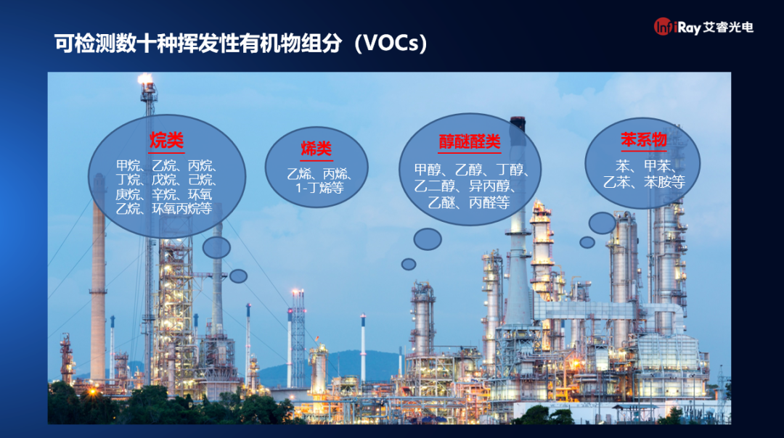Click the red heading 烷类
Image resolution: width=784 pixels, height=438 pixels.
(x=166, y=141)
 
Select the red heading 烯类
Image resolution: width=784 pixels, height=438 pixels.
(x=316, y=149)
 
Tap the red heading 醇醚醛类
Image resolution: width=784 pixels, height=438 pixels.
(x=470, y=142)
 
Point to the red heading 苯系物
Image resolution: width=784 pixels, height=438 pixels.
(x=643, y=139)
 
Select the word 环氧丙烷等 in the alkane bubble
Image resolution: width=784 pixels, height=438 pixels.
(x=182, y=208)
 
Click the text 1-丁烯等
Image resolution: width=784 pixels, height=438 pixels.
(x=319, y=189)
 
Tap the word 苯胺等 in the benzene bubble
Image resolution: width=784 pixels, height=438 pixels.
(x=664, y=182)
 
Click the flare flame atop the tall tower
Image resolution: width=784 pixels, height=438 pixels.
(x=145, y=78)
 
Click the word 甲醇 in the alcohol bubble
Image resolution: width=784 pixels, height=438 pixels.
(x=428, y=170)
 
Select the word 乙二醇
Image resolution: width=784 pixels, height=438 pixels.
(x=435, y=186)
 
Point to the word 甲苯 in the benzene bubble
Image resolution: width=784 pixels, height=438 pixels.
(x=657, y=166)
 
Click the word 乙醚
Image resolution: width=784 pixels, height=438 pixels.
(x=441, y=202)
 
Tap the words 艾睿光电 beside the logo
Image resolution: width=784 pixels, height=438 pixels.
(x=728, y=27)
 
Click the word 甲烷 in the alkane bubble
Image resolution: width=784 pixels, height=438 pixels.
(x=128, y=165)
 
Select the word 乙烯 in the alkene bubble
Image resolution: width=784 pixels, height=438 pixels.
(x=300, y=174)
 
